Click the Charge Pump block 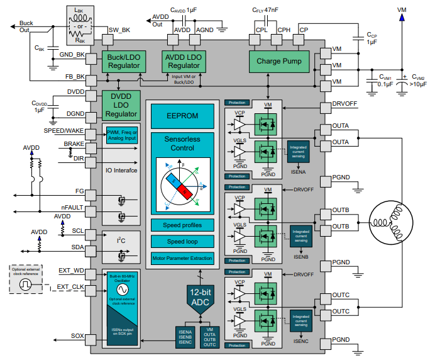(278, 61)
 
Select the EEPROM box (182, 115)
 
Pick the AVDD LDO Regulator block (184, 61)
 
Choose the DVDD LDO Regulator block (121, 105)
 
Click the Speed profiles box (182, 225)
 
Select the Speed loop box (182, 242)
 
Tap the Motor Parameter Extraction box (182, 258)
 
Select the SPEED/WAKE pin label (64, 131)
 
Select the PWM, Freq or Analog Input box (121, 135)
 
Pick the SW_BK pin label (119, 30)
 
